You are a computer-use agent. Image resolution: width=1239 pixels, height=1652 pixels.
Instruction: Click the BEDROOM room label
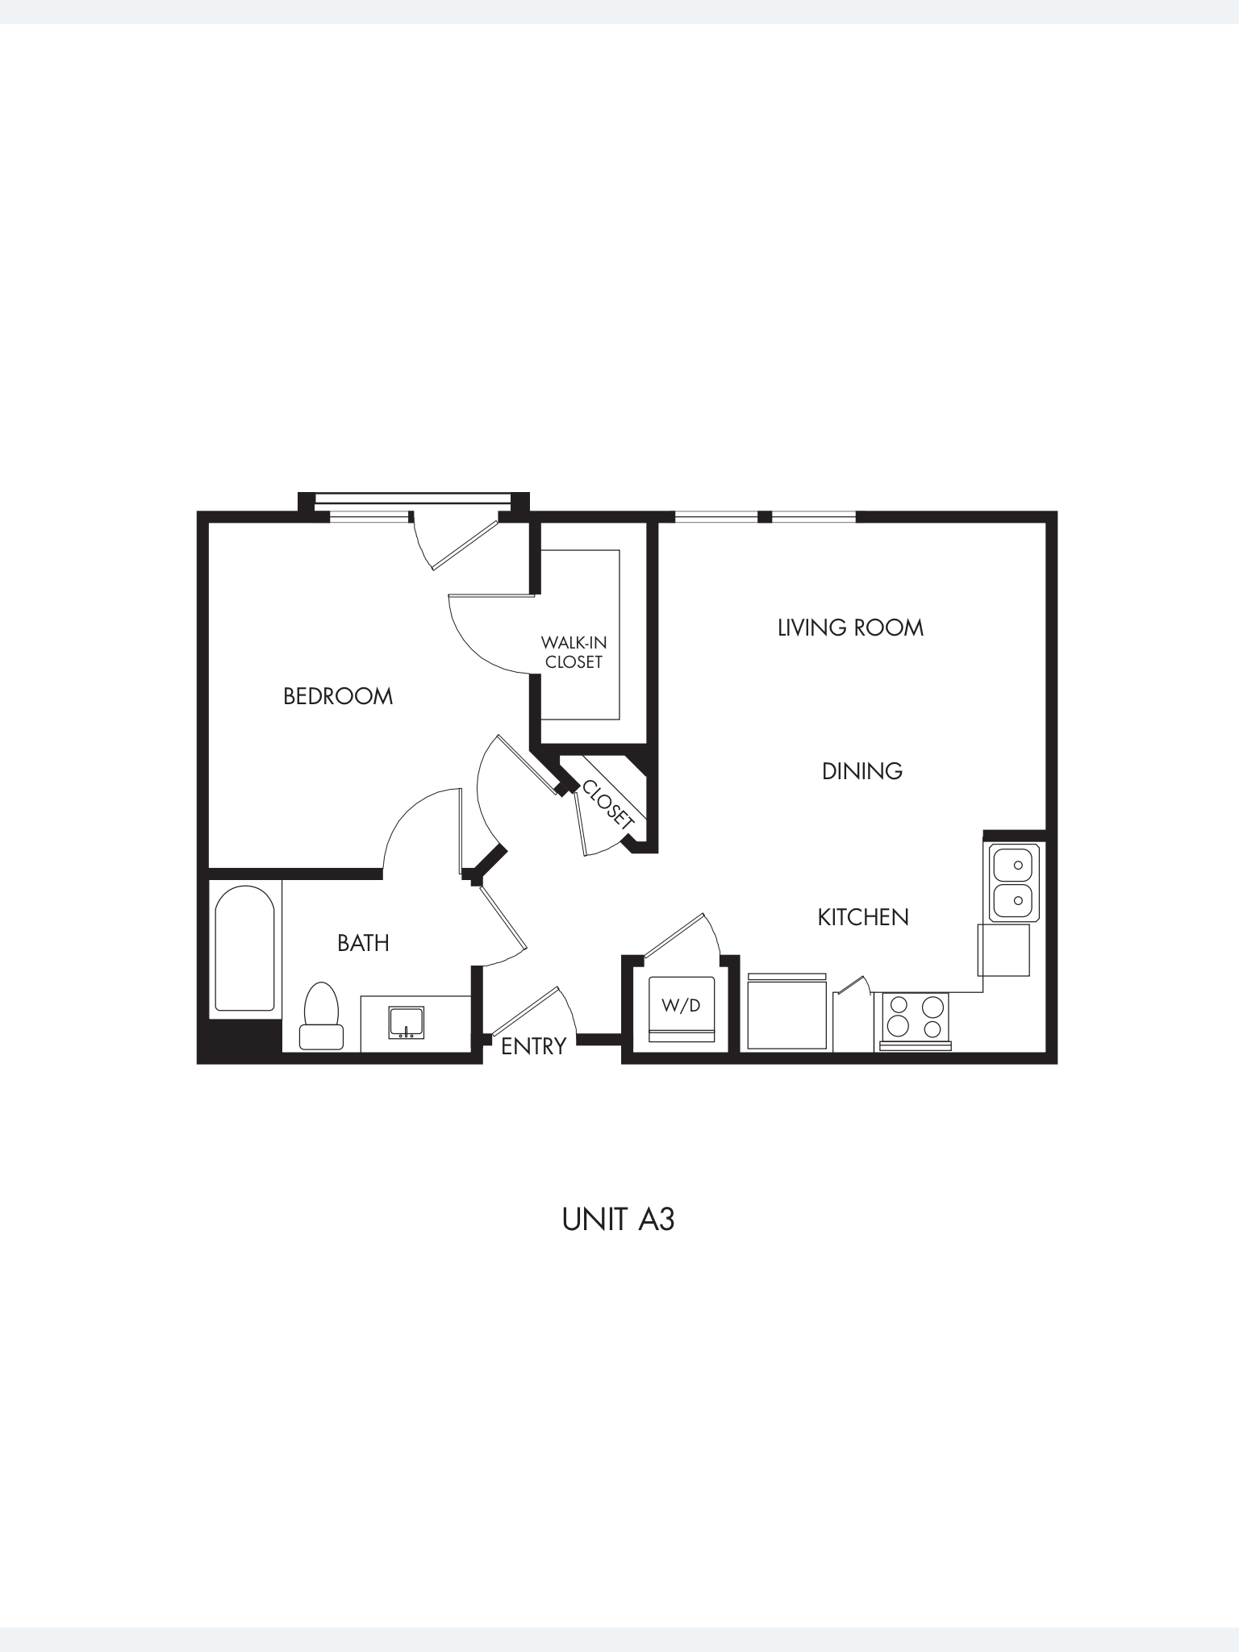pos(338,696)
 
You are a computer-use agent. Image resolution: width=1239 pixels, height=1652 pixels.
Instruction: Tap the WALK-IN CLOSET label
pos(574,652)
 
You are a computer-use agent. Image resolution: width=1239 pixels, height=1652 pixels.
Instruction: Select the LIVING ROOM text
pos(850,628)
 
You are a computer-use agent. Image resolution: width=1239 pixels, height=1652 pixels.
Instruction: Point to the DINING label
pos(861,771)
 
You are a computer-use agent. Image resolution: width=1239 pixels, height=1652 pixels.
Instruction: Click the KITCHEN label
pos(863,917)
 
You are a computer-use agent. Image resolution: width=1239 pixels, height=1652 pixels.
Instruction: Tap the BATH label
pos(363,943)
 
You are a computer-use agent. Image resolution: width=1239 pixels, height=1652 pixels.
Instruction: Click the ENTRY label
pos(533,1046)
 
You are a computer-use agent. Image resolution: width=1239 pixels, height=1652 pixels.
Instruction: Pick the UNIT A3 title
pos(618,1220)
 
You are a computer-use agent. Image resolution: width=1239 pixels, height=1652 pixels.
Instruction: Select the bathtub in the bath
pos(244,949)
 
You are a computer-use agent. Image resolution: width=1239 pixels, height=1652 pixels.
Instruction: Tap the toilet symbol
pos(321,1017)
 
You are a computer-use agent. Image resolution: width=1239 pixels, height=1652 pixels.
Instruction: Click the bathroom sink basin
pos(407,1022)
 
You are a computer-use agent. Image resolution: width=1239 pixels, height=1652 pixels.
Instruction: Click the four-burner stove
pos(915,1018)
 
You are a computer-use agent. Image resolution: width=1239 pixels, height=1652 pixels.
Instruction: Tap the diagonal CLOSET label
pos(607,803)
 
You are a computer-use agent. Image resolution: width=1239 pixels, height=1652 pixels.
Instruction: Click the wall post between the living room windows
pos(765,516)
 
